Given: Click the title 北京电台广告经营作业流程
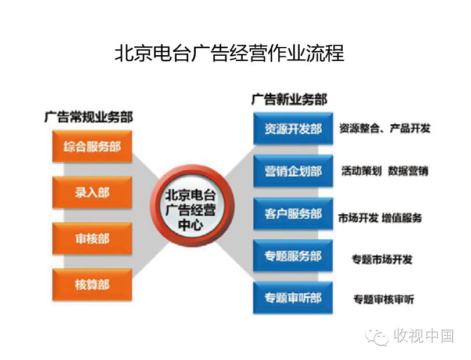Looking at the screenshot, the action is tap(229, 53).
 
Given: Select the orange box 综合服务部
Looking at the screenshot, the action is tap(92, 146).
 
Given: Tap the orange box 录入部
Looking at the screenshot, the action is tap(92, 192).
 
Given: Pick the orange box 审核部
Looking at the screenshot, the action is tap(92, 238).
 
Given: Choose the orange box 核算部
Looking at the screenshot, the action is tap(92, 285).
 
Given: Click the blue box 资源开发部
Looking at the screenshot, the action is tap(293, 129).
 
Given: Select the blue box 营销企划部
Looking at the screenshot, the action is tap(293, 171).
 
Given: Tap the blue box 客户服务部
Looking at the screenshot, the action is tap(293, 214).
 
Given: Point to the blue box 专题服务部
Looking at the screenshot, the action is tap(293, 256).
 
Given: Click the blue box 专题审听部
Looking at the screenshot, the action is tap(293, 298).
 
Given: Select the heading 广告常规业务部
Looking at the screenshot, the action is tap(88, 117).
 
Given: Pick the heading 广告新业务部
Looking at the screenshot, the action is tap(289, 99).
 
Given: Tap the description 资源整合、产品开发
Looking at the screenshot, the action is tap(384, 128).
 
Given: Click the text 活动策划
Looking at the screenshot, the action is tap(361, 171).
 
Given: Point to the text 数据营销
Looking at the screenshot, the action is tap(408, 171).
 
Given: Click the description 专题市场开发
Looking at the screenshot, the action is tap(382, 259).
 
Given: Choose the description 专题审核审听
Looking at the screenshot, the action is tap(383, 300).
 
